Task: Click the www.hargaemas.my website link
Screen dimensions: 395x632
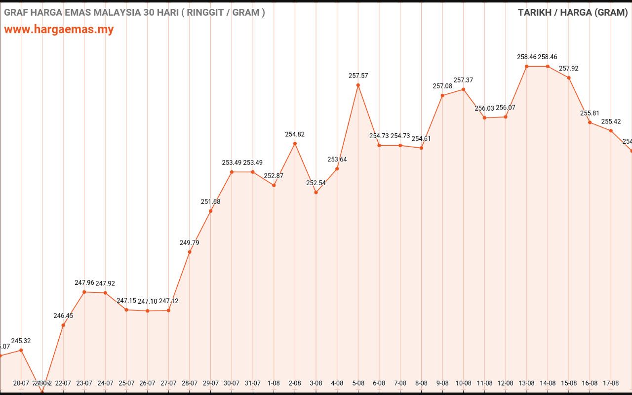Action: pyautogui.click(x=59, y=29)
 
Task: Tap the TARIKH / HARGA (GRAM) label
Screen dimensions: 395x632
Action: pyautogui.click(x=573, y=12)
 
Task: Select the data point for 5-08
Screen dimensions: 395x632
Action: pyautogui.click(x=358, y=85)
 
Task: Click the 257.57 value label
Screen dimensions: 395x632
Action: pyautogui.click(x=358, y=76)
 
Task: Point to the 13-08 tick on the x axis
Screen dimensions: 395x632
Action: pyautogui.click(x=526, y=383)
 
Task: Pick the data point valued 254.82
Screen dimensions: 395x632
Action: pyautogui.click(x=295, y=144)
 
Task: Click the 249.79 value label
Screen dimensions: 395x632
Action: pyautogui.click(x=190, y=242)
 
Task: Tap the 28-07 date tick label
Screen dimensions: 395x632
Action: pyautogui.click(x=190, y=383)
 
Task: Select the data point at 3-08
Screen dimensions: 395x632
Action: pyautogui.click(x=316, y=192)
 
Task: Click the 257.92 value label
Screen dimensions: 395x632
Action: pyautogui.click(x=569, y=68)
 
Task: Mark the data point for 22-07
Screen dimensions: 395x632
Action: pyautogui.click(x=63, y=325)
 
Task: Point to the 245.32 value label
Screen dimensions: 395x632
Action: pyautogui.click(x=21, y=341)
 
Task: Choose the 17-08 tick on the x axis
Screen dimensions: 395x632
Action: pyautogui.click(x=611, y=383)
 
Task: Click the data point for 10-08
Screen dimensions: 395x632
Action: pyautogui.click(x=463, y=89)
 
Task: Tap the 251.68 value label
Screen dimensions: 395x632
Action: pyautogui.click(x=211, y=201)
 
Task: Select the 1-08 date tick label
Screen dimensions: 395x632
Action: pyautogui.click(x=274, y=383)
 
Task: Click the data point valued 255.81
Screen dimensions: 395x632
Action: pyautogui.click(x=590, y=122)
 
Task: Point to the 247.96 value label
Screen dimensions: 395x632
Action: pyautogui.click(x=84, y=283)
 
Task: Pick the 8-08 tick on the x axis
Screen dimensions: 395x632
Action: pyautogui.click(x=421, y=383)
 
